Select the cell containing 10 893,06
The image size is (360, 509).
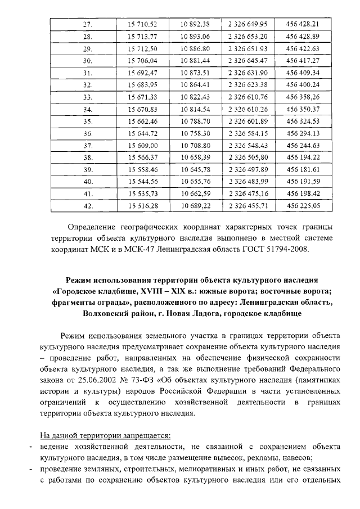click(195, 37)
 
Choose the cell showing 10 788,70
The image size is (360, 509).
click(195, 121)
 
